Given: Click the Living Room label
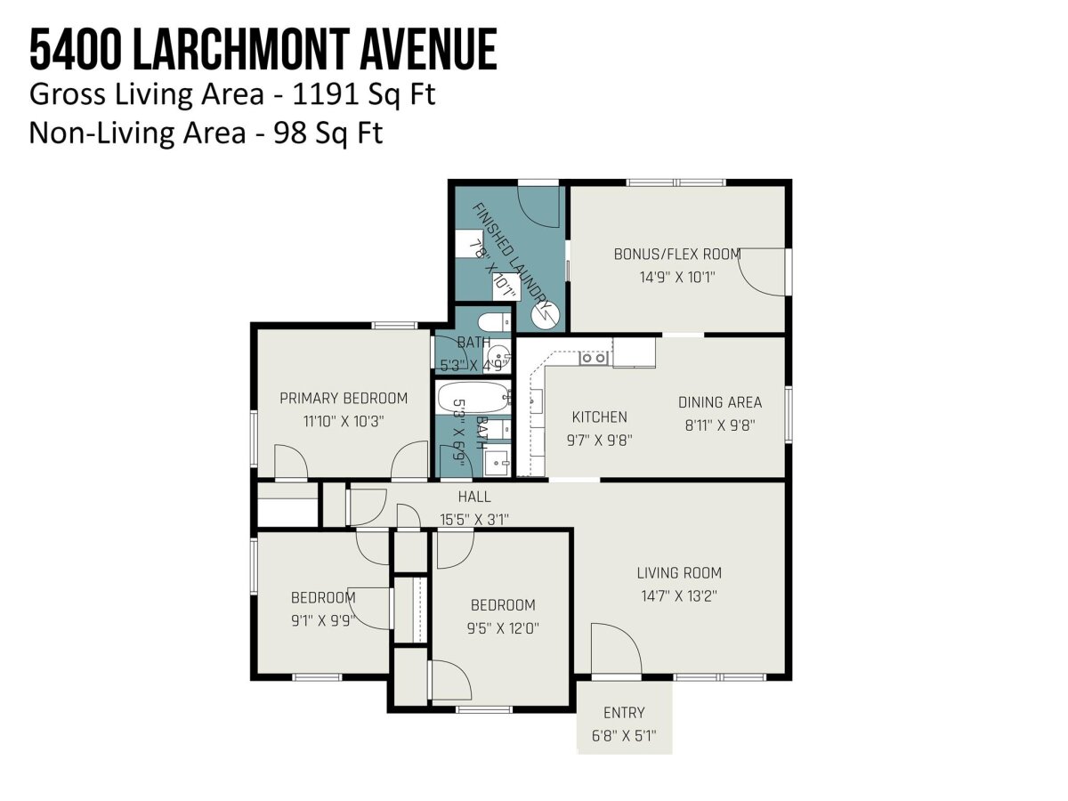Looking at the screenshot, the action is click(x=679, y=573).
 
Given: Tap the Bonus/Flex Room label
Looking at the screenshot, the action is click(x=677, y=255).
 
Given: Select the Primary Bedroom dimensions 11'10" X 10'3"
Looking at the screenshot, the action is click(x=344, y=421).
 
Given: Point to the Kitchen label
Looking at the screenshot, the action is click(x=600, y=417).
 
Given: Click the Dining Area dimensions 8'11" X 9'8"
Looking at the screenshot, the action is click(x=720, y=425).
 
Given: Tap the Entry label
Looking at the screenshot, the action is click(x=624, y=713).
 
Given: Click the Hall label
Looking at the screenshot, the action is click(x=474, y=497).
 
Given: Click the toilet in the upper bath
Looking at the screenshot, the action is click(x=494, y=321).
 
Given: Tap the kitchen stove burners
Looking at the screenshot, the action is click(x=594, y=359).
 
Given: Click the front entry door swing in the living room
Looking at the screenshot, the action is click(x=617, y=648).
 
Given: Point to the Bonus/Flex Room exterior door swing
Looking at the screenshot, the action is click(x=762, y=271).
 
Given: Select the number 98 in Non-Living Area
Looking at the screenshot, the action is click(x=290, y=133).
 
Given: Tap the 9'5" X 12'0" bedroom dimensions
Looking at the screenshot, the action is click(x=503, y=629).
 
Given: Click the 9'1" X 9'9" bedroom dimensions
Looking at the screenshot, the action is click(x=323, y=621).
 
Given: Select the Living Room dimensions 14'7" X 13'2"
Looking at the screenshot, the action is click(x=679, y=596).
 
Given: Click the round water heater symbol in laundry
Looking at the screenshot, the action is click(x=545, y=315).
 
